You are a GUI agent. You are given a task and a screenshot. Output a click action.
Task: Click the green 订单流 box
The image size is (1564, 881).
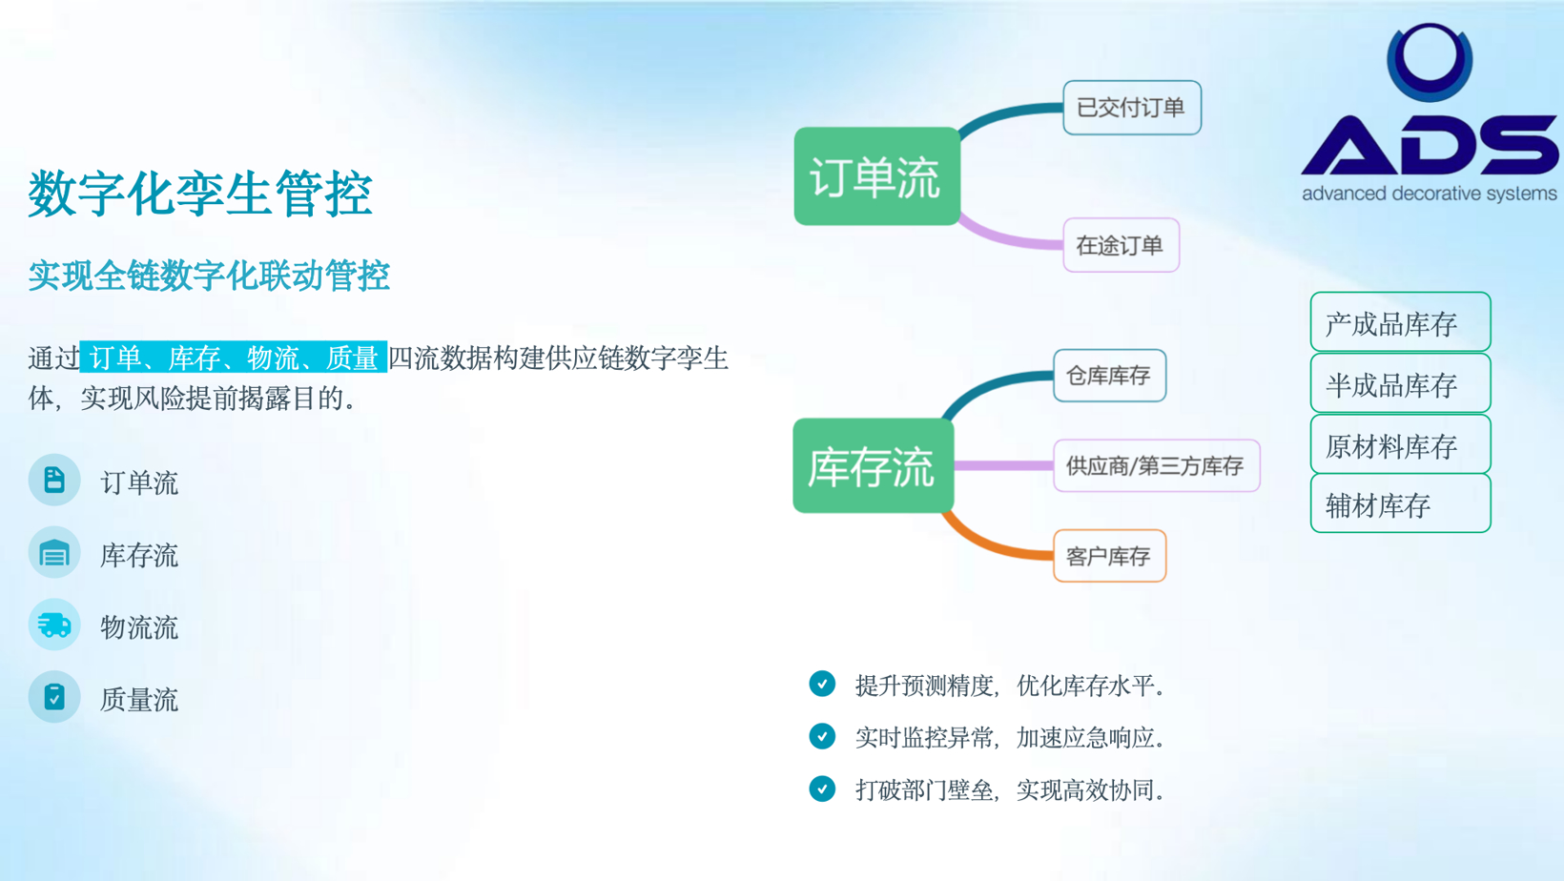pos(877,176)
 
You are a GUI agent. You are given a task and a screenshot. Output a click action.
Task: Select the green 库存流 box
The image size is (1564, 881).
pos(874,465)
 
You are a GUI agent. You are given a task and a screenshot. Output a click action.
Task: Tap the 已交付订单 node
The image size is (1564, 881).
pos(1132,108)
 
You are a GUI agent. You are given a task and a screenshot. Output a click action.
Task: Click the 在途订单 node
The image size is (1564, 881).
pos(1121,245)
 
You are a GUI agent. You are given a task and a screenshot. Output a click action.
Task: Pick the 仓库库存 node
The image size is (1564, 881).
pos(1109,376)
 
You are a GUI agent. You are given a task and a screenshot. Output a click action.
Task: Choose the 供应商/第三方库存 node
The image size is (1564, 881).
pos(1156,465)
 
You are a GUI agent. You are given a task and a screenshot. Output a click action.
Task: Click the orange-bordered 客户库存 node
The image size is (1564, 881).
pos(1109,556)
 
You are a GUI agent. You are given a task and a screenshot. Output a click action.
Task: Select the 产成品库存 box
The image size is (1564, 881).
pos(1401,322)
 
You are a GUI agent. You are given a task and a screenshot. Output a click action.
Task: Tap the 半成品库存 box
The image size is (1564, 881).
pos(1401,383)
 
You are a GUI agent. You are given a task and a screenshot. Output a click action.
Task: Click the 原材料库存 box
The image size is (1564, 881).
pos(1401,444)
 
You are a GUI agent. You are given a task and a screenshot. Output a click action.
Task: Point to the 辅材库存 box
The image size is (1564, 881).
pos(1401,503)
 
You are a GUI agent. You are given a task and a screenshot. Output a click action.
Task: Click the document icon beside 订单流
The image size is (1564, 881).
pos(54,481)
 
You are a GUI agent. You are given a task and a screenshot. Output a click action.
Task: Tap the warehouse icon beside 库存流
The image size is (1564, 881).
pos(54,553)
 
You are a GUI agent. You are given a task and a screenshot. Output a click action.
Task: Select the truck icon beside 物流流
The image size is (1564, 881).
pos(54,625)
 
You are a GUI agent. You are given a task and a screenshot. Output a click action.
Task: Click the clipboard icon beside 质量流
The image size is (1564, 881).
pos(54,697)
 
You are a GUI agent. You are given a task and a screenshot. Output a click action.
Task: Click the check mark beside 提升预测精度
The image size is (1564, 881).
pos(822,685)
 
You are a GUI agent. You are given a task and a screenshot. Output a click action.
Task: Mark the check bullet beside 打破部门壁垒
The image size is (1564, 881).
pos(822,789)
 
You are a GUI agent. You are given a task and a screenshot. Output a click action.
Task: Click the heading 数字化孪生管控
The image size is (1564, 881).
pos(199,194)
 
